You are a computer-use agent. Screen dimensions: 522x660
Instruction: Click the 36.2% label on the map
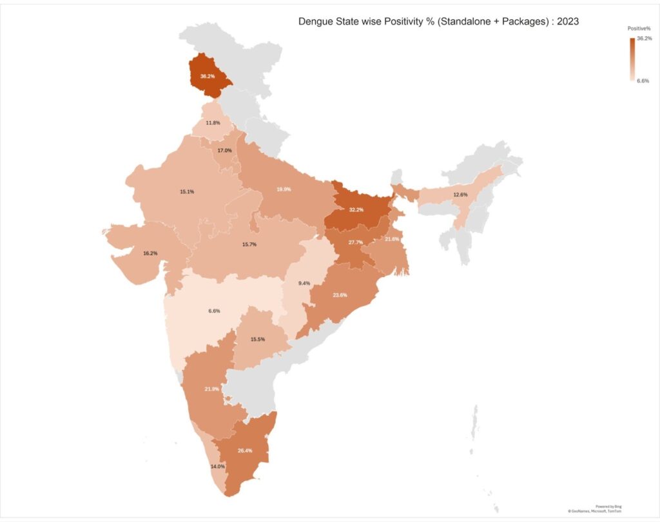[208, 76]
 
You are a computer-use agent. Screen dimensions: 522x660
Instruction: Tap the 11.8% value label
[213, 122]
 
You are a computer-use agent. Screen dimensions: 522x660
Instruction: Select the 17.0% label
[224, 150]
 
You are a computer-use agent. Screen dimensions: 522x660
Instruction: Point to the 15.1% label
[187, 191]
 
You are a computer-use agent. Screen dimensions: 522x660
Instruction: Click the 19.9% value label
[283, 189]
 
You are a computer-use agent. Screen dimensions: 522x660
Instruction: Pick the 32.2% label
[356, 210]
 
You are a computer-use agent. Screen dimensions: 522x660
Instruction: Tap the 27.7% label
[355, 242]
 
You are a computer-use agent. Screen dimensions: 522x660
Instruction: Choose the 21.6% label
[392, 239]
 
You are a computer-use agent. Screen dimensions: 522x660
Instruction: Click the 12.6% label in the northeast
[460, 195]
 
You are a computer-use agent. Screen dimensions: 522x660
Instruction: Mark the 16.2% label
[150, 253]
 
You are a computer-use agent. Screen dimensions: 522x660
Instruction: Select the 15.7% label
[249, 244]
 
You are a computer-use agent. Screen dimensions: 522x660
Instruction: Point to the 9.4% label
[304, 283]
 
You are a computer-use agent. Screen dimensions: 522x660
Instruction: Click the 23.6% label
[340, 295]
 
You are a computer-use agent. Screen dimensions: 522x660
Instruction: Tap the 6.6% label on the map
[214, 311]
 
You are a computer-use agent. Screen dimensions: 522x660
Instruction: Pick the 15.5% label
[258, 339]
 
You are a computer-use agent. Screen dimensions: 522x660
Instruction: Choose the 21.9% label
[211, 389]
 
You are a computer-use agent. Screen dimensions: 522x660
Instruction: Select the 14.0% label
[217, 466]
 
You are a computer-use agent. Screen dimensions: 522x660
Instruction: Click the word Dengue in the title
[316, 21]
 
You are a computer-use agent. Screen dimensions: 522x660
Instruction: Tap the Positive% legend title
[639, 29]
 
